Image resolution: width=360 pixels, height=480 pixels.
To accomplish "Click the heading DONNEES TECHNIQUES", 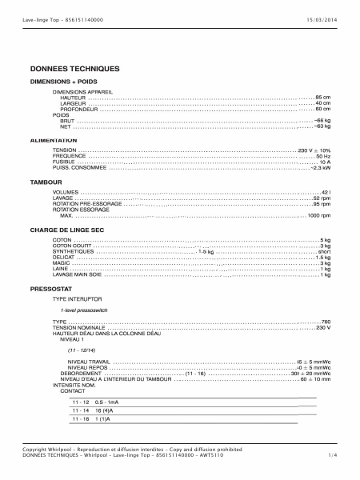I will [74, 70].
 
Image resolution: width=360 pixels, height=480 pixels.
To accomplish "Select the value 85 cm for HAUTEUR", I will [322, 97].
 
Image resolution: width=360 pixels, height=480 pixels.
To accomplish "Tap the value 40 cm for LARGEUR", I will [322, 103].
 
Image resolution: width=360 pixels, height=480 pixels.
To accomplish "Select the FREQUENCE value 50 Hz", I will [322, 156].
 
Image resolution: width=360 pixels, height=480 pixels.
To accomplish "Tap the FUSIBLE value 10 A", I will [324, 162].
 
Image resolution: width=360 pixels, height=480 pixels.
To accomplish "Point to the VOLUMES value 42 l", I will [325, 193].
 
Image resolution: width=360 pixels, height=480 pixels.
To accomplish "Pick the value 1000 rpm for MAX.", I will [319, 215].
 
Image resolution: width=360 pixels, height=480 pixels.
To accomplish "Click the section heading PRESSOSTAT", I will [52, 287].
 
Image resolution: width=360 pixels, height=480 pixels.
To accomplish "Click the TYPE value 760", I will [326, 322].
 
